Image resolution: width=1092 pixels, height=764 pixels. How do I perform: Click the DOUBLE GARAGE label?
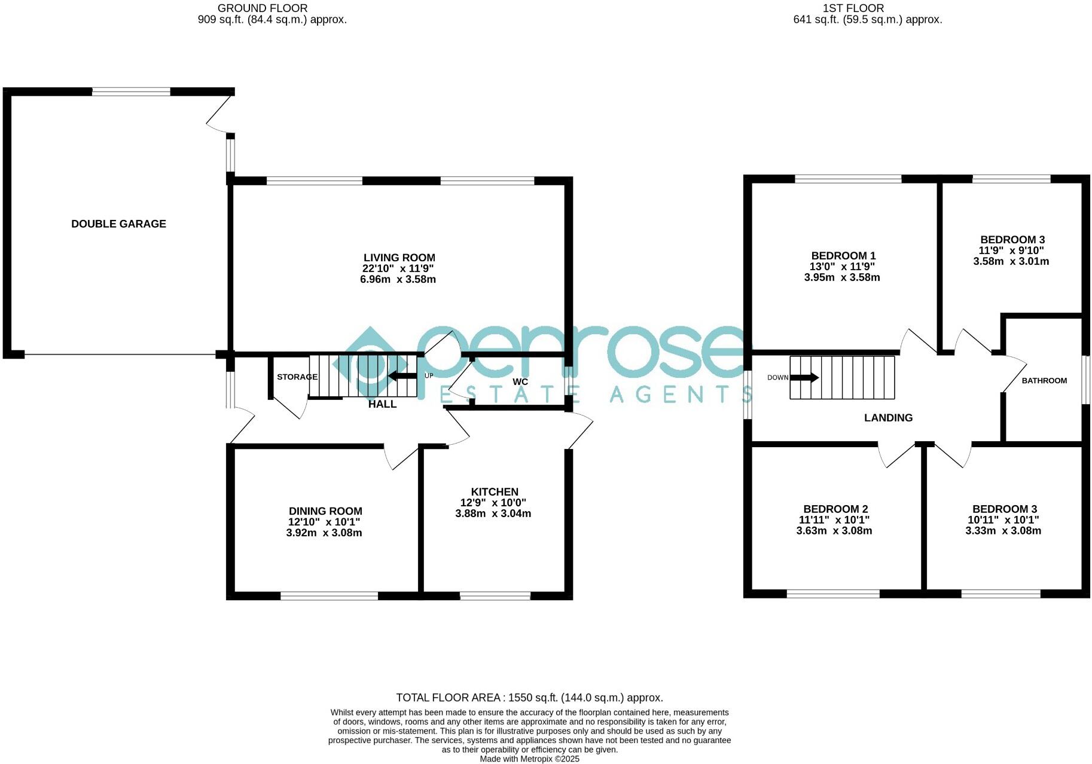click(x=118, y=224)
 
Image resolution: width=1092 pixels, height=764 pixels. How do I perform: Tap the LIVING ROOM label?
click(x=399, y=258)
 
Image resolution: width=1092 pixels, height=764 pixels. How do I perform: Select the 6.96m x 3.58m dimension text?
click(x=398, y=279)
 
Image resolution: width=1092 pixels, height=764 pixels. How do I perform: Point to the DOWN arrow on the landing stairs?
click(x=804, y=377)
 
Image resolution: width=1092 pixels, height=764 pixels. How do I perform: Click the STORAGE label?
click(x=297, y=377)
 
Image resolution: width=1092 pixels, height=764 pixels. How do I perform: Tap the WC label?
click(x=520, y=381)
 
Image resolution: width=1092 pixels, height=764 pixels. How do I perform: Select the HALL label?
click(x=382, y=404)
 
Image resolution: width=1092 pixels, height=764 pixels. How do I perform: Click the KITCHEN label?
click(x=494, y=491)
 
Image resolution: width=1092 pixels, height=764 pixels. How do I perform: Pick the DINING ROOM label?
click(x=325, y=511)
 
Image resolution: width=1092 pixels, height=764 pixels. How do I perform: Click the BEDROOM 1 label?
click(x=843, y=255)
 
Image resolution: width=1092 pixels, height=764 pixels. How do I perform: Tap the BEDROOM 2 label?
click(x=835, y=509)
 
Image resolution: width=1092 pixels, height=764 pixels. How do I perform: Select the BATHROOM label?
click(x=1044, y=381)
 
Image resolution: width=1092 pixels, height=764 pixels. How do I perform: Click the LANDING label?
click(x=888, y=418)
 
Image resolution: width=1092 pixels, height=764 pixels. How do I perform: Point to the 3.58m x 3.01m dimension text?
click(x=1011, y=261)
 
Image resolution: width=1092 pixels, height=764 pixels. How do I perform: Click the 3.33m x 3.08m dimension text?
click(x=1003, y=531)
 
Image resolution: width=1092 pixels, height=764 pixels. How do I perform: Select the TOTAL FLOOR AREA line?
click(x=529, y=698)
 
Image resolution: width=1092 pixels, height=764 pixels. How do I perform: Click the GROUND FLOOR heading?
click(x=263, y=8)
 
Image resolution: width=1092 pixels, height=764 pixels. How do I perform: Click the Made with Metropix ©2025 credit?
click(x=529, y=759)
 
